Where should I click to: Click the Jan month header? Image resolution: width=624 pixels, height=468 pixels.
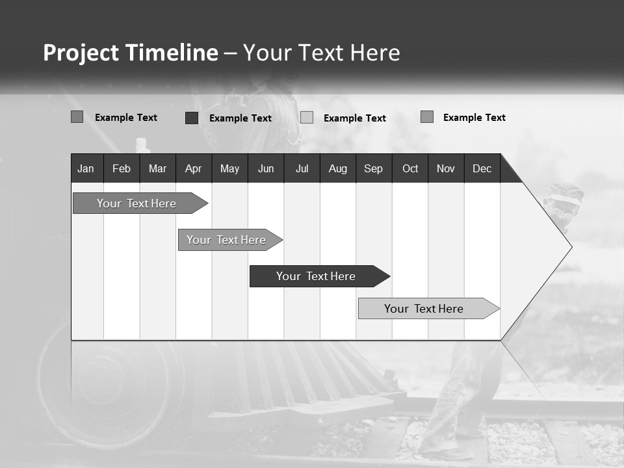pos(86,168)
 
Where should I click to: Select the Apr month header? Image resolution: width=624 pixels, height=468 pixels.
pos(193,168)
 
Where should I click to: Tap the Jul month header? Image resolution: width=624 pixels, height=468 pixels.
pos(302,168)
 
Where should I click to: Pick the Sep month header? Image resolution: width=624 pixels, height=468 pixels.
pos(373,168)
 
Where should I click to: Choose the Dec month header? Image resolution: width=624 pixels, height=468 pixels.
pos(482,168)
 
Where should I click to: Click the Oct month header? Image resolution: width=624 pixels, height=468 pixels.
pos(410,168)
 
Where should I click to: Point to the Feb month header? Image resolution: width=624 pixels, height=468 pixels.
pos(122,168)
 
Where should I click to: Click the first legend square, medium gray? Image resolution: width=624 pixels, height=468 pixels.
pos(77,117)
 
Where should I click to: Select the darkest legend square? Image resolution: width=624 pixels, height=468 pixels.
pos(191,118)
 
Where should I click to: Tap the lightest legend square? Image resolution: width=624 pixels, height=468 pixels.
pos(307,118)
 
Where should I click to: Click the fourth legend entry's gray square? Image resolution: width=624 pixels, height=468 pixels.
pos(426,117)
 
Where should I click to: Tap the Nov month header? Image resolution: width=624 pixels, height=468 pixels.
pos(446,168)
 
